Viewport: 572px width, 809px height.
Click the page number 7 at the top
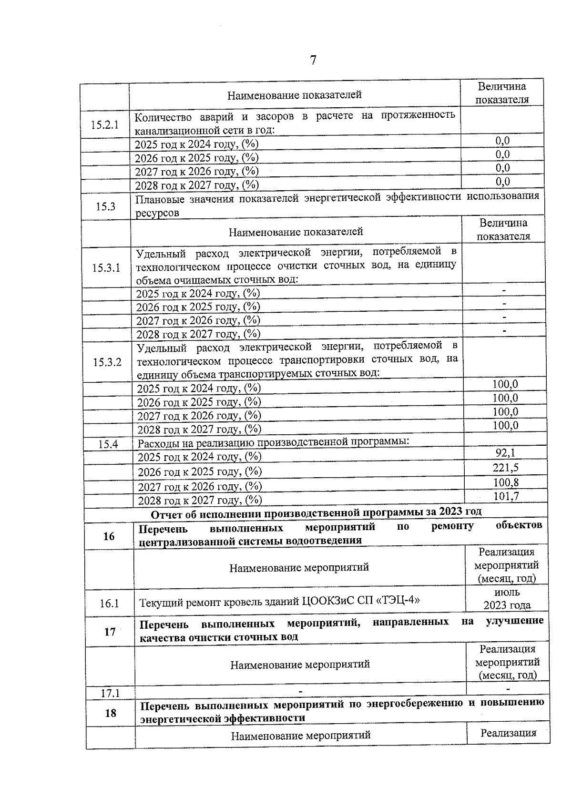(313, 61)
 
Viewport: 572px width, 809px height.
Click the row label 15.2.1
(104, 125)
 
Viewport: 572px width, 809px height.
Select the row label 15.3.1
(106, 267)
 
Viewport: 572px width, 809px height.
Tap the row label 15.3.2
(107, 362)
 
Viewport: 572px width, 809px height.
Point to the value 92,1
(505, 453)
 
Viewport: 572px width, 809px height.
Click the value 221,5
(506, 468)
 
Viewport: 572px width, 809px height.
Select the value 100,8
(506, 482)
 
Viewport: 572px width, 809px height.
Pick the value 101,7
(506, 496)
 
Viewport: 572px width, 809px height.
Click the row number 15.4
(108, 444)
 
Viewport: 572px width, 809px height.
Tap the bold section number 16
(109, 536)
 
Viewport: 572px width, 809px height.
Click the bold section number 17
(110, 632)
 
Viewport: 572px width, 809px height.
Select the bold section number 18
(110, 713)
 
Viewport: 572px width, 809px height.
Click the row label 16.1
(109, 604)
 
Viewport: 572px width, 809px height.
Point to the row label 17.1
(110, 693)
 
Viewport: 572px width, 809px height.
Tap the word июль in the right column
(507, 593)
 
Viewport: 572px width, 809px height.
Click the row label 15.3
(105, 206)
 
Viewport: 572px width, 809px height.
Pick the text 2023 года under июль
(507, 605)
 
